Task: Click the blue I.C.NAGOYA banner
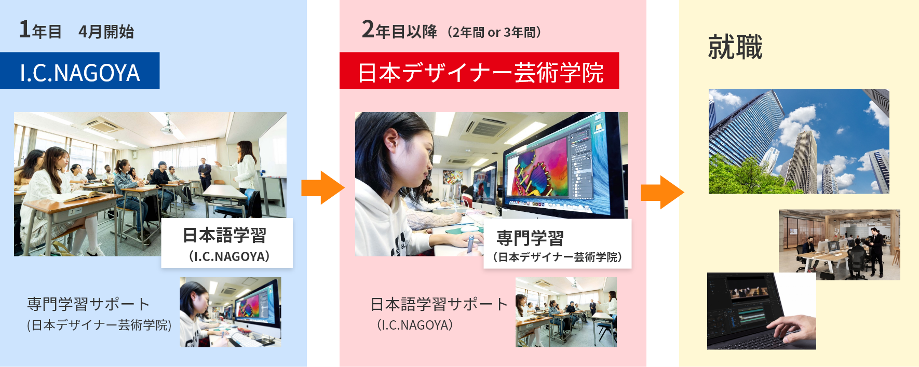pyautogui.click(x=79, y=71)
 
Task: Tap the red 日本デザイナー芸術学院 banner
pyautogui.click(x=479, y=71)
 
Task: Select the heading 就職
pyautogui.click(x=735, y=47)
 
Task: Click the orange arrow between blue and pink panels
pyautogui.click(x=322, y=187)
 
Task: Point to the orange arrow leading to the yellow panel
pyautogui.click(x=662, y=192)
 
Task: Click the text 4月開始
pyautogui.click(x=106, y=32)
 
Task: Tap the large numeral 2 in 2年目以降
pyautogui.click(x=368, y=30)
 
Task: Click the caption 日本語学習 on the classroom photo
pyautogui.click(x=224, y=235)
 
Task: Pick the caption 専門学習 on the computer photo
pyautogui.click(x=530, y=238)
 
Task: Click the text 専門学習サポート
pyautogui.click(x=88, y=304)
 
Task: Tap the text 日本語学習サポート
pyautogui.click(x=439, y=304)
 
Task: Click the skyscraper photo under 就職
pyautogui.click(x=799, y=141)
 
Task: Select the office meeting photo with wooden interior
pyautogui.click(x=840, y=244)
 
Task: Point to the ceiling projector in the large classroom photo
pyautogui.click(x=166, y=127)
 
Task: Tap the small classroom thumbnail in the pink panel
pyautogui.click(x=566, y=312)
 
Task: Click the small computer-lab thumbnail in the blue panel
pyautogui.click(x=231, y=312)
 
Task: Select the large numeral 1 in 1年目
pyautogui.click(x=24, y=29)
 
